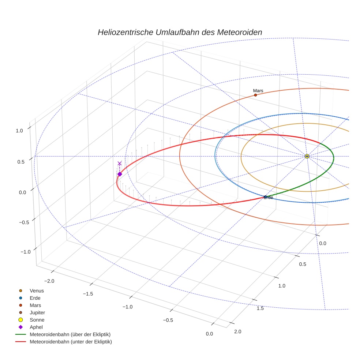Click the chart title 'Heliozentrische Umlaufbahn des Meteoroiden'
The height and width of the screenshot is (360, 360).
180,32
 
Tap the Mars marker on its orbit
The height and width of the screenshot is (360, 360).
255,95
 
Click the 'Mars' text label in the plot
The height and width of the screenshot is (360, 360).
258,91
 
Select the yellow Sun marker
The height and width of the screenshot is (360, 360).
307,156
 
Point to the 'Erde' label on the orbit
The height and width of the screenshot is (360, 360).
269,198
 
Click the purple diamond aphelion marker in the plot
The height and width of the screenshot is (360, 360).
120,174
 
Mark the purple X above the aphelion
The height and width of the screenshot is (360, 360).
120,163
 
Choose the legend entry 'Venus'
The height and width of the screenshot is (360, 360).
37,290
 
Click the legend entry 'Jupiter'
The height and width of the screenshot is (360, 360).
37,312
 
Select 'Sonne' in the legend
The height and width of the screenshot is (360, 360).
37,320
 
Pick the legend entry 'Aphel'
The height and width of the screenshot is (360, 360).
36,327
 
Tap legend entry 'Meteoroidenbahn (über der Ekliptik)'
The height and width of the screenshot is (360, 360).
70,334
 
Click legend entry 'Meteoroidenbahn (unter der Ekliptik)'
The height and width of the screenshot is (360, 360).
71,342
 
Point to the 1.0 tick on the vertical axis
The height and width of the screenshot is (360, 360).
20,130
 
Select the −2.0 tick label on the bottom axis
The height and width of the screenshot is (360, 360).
49,281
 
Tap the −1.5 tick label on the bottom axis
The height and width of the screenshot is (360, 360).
88,294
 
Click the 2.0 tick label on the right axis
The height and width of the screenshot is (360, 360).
237,332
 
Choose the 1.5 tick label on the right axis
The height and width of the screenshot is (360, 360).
260,308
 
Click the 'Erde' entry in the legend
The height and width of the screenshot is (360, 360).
35,298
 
